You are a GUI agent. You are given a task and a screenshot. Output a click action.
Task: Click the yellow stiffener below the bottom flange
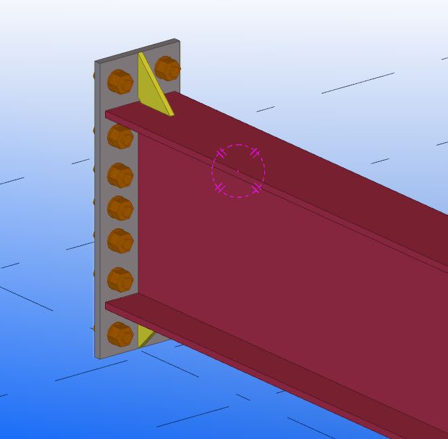(x=144, y=335)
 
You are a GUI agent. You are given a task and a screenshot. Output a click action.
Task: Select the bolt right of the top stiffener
(x=167, y=68)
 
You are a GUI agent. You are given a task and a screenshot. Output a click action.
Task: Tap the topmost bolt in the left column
(x=120, y=82)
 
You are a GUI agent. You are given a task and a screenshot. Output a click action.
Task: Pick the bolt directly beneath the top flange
(x=120, y=136)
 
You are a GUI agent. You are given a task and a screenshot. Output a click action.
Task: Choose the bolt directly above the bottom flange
(x=120, y=279)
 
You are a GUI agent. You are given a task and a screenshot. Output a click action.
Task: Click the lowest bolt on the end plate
(x=120, y=333)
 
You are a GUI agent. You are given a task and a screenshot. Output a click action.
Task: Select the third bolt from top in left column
(x=120, y=175)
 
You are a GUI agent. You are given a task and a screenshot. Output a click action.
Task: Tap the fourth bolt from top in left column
(x=120, y=207)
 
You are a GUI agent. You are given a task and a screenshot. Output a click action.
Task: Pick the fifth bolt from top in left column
(x=120, y=241)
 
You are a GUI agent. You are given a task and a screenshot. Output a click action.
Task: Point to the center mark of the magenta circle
(x=238, y=171)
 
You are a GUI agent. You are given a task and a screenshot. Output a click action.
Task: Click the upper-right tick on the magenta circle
(x=255, y=153)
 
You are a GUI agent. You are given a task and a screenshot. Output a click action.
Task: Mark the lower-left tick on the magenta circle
(x=220, y=188)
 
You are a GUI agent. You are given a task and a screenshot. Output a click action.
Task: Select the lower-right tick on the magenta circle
(x=256, y=188)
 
